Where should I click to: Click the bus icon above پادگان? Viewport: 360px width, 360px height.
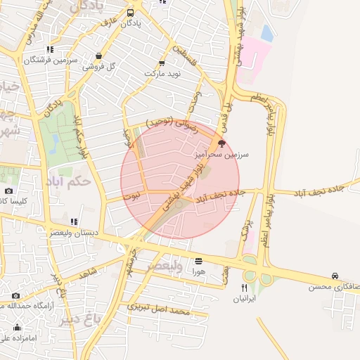point(131,13)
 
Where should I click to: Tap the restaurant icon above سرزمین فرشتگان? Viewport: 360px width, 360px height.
point(49,49)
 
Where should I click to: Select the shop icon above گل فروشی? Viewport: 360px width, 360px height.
point(98,56)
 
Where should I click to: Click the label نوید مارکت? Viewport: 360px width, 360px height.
point(163,73)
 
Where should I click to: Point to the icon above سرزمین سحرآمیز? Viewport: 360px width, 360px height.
point(222,143)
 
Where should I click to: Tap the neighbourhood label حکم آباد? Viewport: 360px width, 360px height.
point(72,181)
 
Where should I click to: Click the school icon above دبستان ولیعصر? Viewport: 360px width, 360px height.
point(74,222)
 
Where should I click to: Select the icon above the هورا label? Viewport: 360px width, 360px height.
point(198,259)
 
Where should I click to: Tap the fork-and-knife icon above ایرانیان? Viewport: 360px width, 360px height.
point(244,288)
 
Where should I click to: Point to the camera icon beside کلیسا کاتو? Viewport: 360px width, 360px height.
point(8,191)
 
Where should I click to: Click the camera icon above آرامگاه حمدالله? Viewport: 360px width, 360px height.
point(15,296)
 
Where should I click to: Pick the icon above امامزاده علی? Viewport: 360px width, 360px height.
point(17,328)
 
